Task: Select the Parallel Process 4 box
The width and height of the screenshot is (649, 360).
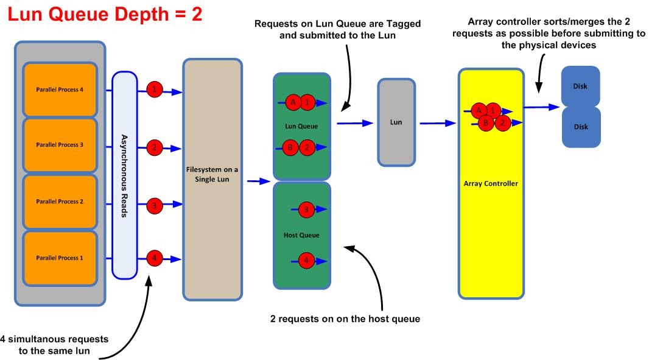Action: (x=60, y=90)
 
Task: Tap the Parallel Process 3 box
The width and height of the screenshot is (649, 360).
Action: (x=60, y=145)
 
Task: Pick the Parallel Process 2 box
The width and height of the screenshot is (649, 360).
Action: (x=60, y=202)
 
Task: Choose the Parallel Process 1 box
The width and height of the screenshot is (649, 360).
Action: (x=60, y=258)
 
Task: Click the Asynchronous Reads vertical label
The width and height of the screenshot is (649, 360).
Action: (x=124, y=175)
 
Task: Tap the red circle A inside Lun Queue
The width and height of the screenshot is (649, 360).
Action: (x=293, y=103)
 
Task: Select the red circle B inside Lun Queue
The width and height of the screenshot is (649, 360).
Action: (x=291, y=147)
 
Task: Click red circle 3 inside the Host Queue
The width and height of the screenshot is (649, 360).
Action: (x=306, y=210)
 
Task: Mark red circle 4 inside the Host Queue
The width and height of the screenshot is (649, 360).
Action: (x=306, y=260)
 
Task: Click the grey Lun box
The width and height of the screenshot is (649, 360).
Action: (x=396, y=122)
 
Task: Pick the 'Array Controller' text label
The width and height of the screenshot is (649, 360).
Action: (x=491, y=183)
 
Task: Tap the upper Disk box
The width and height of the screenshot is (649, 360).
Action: (x=580, y=86)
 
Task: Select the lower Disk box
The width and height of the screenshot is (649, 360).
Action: (x=580, y=127)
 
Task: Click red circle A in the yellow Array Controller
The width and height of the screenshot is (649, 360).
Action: (x=479, y=110)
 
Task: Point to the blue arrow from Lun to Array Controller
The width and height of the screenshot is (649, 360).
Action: (x=437, y=123)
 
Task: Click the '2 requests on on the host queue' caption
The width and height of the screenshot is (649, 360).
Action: (x=345, y=319)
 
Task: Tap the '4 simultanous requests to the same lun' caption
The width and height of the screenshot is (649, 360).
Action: (x=54, y=344)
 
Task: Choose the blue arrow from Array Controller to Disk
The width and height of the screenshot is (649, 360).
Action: (x=541, y=107)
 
